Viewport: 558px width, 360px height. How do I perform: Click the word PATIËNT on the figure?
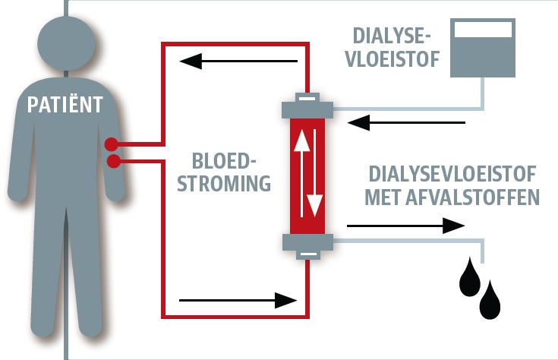click(65, 105)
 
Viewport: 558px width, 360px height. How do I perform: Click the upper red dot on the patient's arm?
click(112, 143)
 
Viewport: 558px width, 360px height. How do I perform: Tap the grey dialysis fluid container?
click(481, 47)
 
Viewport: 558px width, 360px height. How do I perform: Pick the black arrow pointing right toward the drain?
click(405, 225)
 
